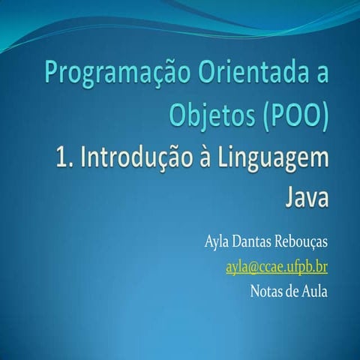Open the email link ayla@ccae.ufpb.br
pyautogui.click(x=276, y=268)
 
